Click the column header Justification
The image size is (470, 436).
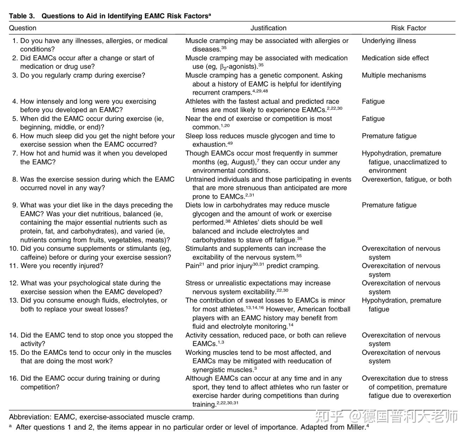pyautogui.click(x=268, y=28)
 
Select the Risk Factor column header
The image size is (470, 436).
pyautogui.click(x=408, y=28)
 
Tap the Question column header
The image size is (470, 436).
pyautogui.click(x=23, y=28)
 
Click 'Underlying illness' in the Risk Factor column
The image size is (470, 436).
pyautogui.click(x=389, y=41)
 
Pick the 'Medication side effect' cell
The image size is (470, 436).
pyautogui.click(x=395, y=58)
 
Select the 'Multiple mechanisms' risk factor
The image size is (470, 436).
pyautogui.click(x=393, y=75)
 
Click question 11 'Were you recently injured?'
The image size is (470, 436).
pyautogui.click(x=62, y=266)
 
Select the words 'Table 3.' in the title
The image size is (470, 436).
pyautogui.click(x=22, y=16)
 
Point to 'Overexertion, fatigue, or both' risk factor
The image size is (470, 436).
pyautogui.click(x=406, y=180)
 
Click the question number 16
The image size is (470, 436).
pyautogui.click(x=13, y=379)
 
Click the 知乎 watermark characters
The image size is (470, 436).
pyautogui.click(x=329, y=417)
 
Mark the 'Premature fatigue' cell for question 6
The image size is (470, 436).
pyautogui.click(x=389, y=136)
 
